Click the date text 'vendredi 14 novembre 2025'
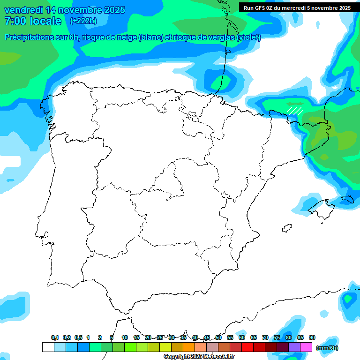click(x=65, y=10)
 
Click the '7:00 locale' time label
click(x=33, y=21)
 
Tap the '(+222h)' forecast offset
click(x=83, y=21)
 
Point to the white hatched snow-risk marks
click(x=295, y=111)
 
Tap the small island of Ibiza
click(x=285, y=228)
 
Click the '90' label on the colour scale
click(x=312, y=338)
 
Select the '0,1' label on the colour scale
click(x=55, y=338)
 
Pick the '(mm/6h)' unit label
click(x=327, y=348)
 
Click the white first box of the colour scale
click(x=48, y=347)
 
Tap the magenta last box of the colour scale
click(x=307, y=347)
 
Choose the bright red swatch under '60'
click(x=247, y=347)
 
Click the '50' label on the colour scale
click(x=218, y=338)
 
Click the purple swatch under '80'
click(x=294, y=347)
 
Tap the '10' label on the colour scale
click(x=125, y=338)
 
